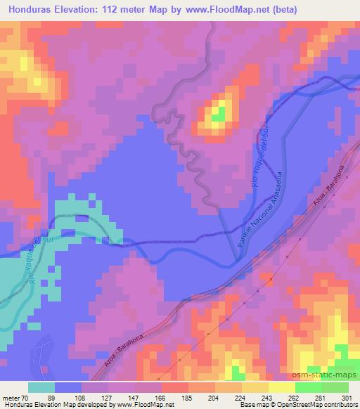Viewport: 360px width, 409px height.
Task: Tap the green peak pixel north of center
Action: point(219,112)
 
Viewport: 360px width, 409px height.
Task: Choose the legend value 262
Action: point(292,397)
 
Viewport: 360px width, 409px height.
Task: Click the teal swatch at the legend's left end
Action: point(41,387)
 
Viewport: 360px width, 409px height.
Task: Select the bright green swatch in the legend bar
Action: point(308,387)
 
